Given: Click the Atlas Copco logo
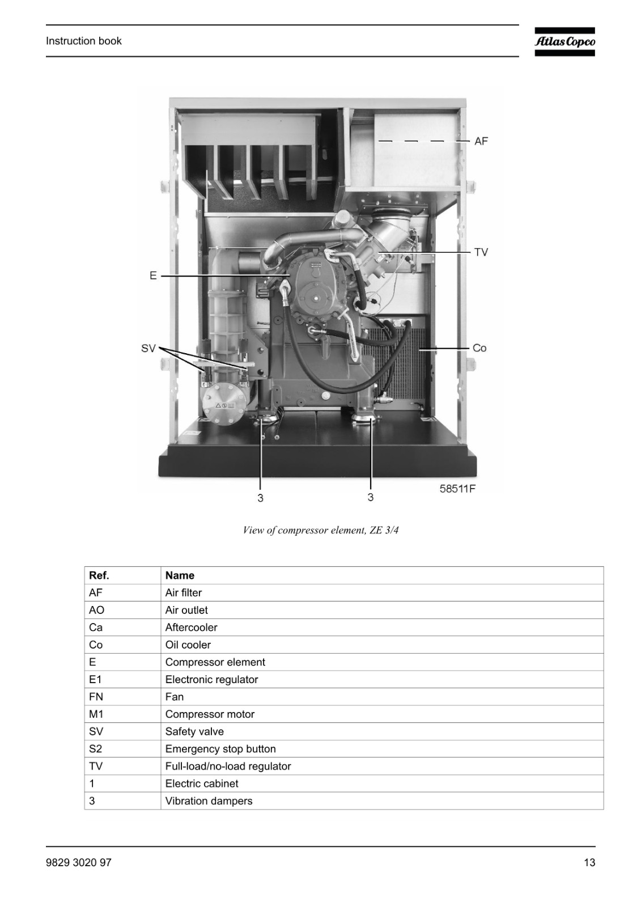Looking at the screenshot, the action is pos(564,42).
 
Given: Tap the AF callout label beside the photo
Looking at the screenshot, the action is pos(481,141).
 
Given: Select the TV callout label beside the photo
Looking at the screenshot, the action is pos(481,253).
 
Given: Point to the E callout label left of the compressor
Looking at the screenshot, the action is pos(153,276).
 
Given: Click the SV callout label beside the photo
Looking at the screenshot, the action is pos(148,349).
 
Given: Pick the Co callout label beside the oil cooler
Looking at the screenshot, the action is pos(479,348).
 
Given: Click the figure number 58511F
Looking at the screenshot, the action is pos(457,489).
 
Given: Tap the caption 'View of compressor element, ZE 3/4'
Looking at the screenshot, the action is pos(321,530).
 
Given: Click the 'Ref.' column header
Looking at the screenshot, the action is pos(99,575).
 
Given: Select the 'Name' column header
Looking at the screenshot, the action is pos(180,575).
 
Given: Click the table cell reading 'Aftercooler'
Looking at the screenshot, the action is pos(191,627).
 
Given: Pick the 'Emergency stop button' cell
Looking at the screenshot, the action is pos(220,749).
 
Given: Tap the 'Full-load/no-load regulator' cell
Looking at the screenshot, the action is pos(228,766).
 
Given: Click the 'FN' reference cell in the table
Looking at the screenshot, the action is pos(96,697).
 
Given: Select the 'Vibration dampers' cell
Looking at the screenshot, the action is pos(209,801).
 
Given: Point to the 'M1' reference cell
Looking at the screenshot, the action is pos(96,714).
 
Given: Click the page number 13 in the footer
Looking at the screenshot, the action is pos(589,863).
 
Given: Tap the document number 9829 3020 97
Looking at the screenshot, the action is pos(79,863).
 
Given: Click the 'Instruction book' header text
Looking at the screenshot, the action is pos(83,41).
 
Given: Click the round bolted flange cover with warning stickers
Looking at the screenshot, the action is pos(224,405).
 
